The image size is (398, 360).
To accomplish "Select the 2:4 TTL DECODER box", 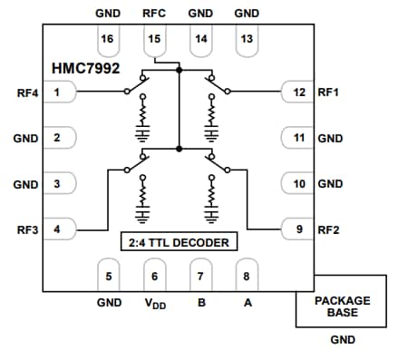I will coord(179,242).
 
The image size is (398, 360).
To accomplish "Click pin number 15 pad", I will coord(153,39).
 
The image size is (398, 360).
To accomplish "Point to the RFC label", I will coord(153,14).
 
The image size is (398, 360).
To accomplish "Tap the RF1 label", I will coord(327,92).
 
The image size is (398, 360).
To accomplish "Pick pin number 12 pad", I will coord(296,92).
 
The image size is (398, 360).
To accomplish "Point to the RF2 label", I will coord(327,229).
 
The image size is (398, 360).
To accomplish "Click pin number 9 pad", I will coord(296,229).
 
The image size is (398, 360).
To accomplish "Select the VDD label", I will coord(154,304).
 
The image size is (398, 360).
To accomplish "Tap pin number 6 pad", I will coord(154,276).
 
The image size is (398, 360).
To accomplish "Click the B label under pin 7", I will coord(200,303).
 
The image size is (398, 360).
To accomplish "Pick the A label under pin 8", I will coord(247,303).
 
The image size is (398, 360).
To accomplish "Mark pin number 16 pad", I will coord(108,39).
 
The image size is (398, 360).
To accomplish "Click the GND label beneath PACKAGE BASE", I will coord(342,340).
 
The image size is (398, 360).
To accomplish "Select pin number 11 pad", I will coord(296,138).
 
